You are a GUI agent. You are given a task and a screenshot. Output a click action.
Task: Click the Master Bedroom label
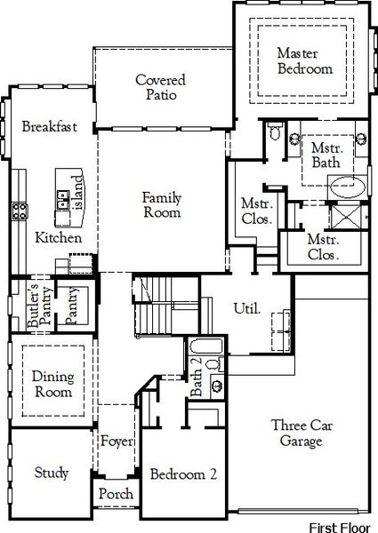click(x=304, y=60)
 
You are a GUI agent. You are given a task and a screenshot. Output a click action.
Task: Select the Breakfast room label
click(x=50, y=127)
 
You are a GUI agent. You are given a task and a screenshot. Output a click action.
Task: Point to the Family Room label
click(x=162, y=205)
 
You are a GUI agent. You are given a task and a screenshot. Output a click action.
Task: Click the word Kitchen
click(x=59, y=238)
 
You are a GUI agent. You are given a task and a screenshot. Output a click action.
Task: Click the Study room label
click(x=52, y=473)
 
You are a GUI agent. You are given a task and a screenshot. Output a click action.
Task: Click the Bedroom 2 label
click(x=183, y=474)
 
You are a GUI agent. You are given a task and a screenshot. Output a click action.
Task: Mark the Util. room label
click(x=246, y=309)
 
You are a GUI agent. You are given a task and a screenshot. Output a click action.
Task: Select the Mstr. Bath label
click(x=326, y=155)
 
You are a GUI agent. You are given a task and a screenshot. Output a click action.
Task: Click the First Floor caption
click(x=342, y=527)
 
